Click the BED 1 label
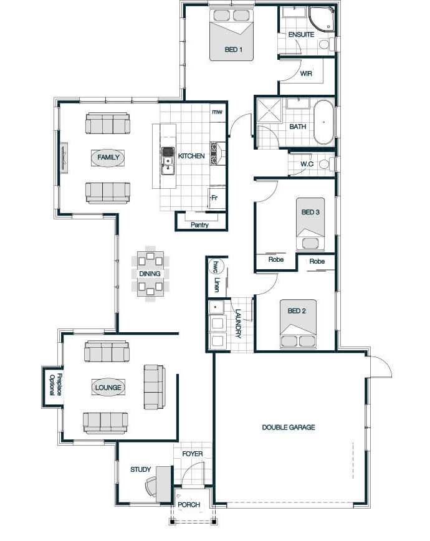233,50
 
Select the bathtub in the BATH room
323,122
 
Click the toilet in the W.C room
326,164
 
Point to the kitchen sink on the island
168,165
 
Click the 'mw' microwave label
217,112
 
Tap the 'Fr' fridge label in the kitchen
214,198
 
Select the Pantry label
199,225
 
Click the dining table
150,274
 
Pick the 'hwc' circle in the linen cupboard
216,267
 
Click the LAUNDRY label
238,323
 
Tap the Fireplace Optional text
55,385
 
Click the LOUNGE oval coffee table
108,388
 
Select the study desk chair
150,486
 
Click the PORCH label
189,505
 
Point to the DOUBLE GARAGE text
289,428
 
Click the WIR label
306,74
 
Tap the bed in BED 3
310,224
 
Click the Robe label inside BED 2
317,262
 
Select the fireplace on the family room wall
64,158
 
